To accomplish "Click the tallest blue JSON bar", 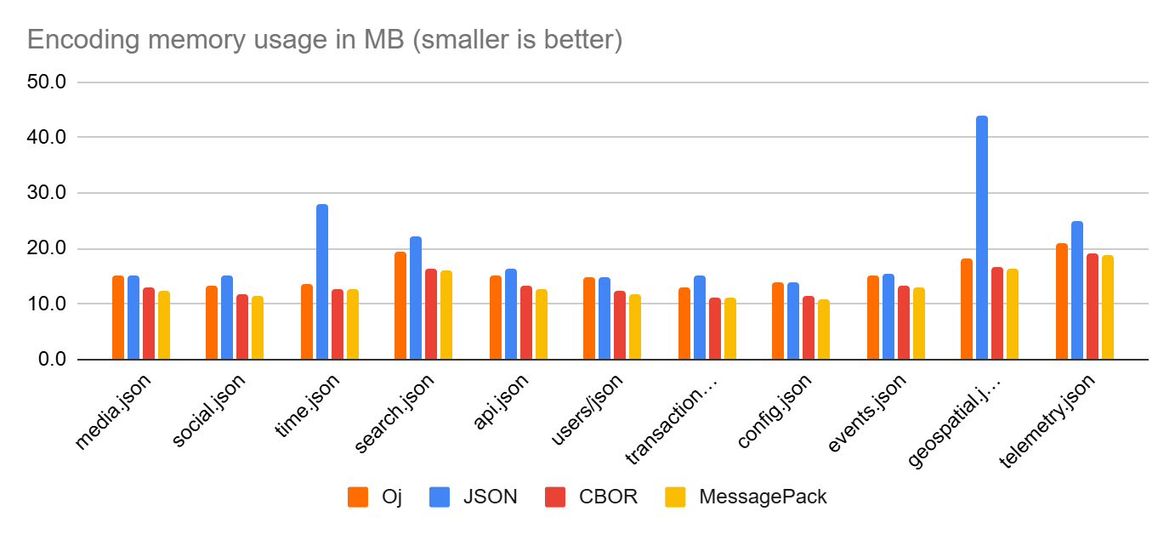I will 982,238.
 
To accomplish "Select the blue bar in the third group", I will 322,282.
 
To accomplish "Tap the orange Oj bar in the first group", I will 118,318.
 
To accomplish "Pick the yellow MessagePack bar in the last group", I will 1108,308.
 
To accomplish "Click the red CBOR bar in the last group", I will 1093,307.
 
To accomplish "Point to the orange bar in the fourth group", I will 400,306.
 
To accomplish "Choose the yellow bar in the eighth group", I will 824,330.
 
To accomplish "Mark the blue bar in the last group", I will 1077,291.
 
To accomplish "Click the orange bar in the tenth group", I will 967,310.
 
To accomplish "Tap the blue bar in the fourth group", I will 416,298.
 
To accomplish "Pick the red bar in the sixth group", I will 620,326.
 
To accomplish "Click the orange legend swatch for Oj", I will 358,497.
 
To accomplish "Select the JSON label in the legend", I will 490,497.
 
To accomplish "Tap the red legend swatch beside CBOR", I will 555,497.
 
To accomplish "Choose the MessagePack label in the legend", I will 763,497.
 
